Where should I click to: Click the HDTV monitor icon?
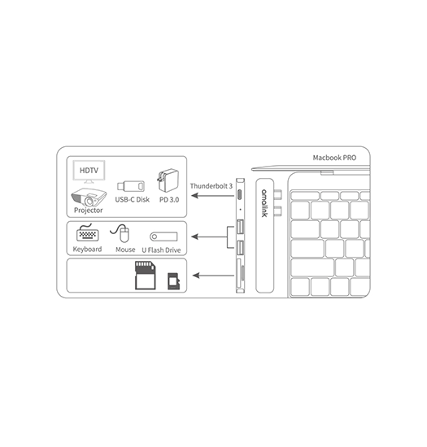(89, 171)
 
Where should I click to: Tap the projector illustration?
(89, 197)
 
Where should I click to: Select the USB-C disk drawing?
(131, 186)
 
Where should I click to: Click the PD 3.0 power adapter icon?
(168, 180)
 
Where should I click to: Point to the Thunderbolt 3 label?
(211, 186)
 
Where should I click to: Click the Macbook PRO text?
(334, 158)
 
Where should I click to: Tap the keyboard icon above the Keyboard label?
(88, 232)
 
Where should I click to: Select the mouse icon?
(120, 232)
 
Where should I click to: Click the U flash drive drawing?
(163, 237)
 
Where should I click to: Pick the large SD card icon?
(146, 275)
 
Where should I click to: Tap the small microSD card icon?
(173, 281)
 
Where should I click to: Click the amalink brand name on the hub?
(264, 203)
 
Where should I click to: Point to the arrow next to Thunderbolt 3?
(212, 196)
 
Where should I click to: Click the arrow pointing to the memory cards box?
(213, 276)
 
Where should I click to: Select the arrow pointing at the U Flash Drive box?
(209, 237)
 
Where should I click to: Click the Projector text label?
(88, 210)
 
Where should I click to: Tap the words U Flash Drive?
(161, 250)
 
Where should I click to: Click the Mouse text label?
(125, 250)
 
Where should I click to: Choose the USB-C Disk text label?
(132, 200)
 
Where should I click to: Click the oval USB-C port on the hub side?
(240, 195)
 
